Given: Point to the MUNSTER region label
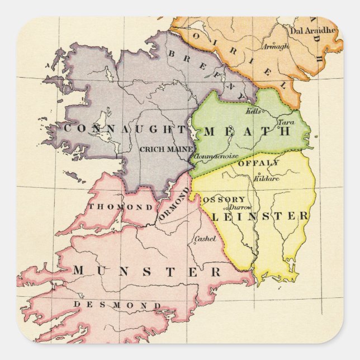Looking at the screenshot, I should pyautogui.click(x=146, y=272).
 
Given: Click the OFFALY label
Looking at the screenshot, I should pyautogui.click(x=258, y=163).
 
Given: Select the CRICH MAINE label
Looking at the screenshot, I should pyautogui.click(x=166, y=149).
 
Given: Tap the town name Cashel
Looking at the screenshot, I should pyautogui.click(x=204, y=239).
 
